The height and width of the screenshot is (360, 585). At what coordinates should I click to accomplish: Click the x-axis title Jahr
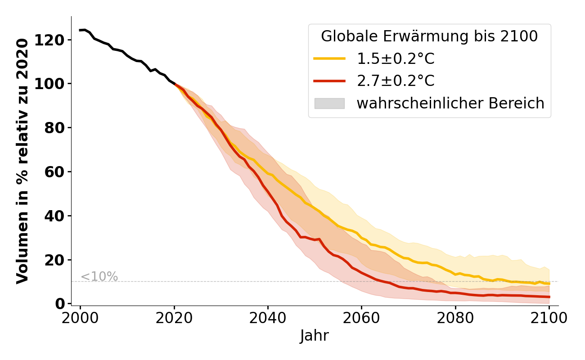coord(315,336)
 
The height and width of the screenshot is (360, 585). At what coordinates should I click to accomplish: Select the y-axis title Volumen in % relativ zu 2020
coord(22,161)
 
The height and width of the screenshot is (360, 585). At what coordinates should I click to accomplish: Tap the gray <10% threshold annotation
coord(99,277)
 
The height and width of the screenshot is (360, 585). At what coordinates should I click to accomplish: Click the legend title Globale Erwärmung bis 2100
coord(429,36)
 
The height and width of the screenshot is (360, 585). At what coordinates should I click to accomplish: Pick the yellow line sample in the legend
coord(329,59)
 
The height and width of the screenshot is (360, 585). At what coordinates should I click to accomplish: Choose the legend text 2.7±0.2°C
coord(396,81)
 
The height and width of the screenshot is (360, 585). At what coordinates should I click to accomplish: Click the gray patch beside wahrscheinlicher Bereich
coord(329,103)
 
